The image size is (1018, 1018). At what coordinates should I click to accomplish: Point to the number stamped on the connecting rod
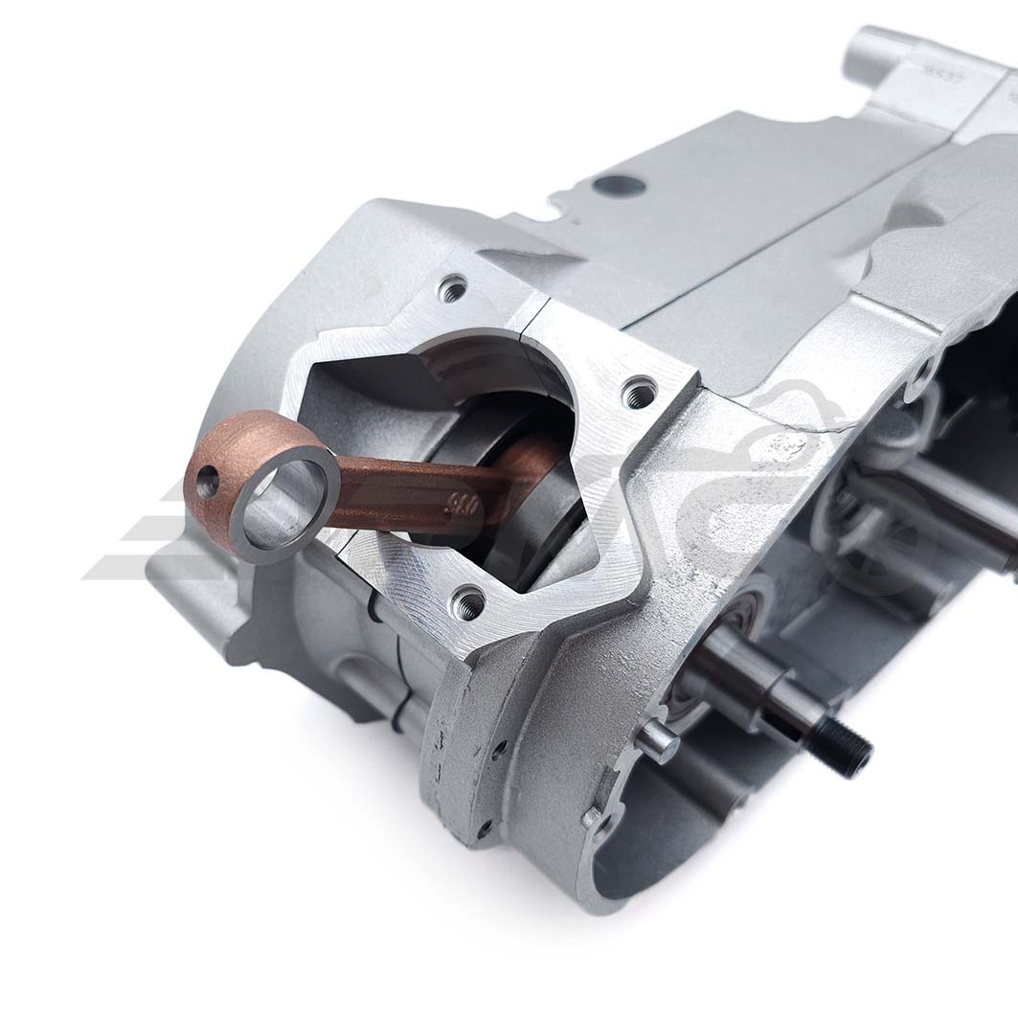463,506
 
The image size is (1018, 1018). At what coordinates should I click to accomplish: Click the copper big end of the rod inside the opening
536,464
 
